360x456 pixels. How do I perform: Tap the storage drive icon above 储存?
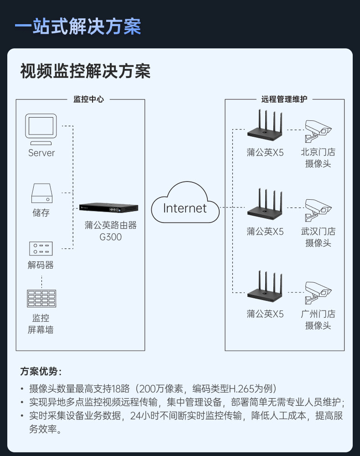pos(41,193)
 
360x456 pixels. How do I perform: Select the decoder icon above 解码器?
pos(41,249)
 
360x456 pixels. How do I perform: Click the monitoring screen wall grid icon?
pos(41,299)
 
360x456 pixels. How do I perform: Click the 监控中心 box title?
pos(88,99)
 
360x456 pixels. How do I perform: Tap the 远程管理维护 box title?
pos(284,99)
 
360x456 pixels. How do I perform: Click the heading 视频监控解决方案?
pos(85,72)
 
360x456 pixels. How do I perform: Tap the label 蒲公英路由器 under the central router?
pos(111,225)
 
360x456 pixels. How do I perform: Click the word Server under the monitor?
pos(41,153)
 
